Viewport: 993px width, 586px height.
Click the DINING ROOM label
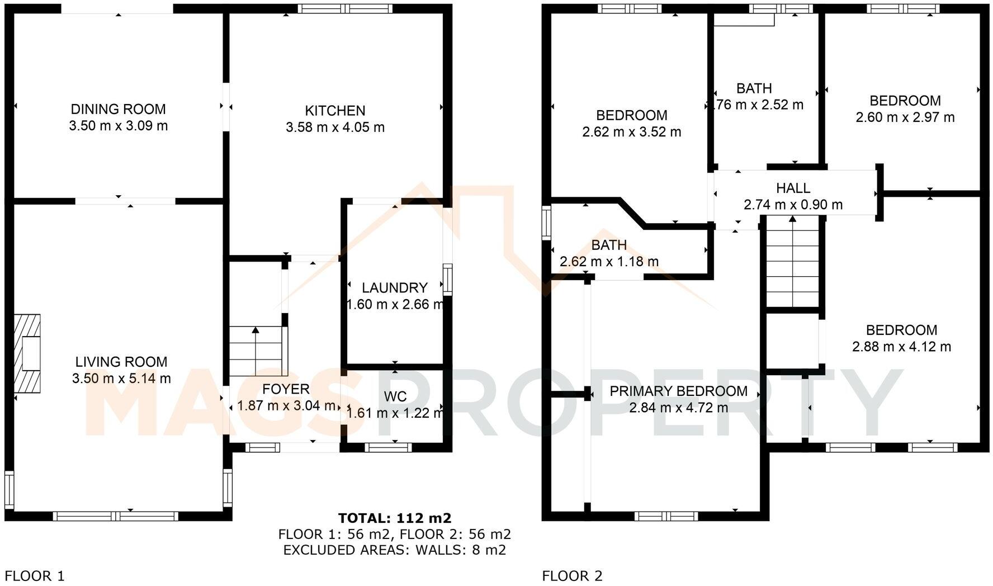point(118,109)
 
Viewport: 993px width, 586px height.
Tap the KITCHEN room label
point(335,111)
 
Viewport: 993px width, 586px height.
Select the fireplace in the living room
point(27,353)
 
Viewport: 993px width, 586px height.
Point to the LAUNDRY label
point(395,288)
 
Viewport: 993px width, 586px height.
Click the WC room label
point(395,396)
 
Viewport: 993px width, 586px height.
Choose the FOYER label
point(286,389)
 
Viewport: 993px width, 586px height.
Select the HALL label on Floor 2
point(793,188)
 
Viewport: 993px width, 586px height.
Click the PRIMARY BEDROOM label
point(678,391)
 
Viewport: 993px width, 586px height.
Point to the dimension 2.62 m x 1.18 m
point(609,261)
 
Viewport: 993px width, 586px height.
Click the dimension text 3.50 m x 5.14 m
point(121,379)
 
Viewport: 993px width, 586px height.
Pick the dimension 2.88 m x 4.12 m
point(901,347)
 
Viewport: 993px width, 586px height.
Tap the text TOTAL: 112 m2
point(394,518)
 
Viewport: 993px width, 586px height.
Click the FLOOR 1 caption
point(35,575)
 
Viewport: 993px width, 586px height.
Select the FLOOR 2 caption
point(572,575)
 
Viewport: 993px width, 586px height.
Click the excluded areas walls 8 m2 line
point(394,550)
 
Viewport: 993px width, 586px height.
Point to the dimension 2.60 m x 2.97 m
point(905,117)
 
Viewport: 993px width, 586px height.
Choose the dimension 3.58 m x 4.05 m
point(335,127)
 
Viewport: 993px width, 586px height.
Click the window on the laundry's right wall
point(447,280)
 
